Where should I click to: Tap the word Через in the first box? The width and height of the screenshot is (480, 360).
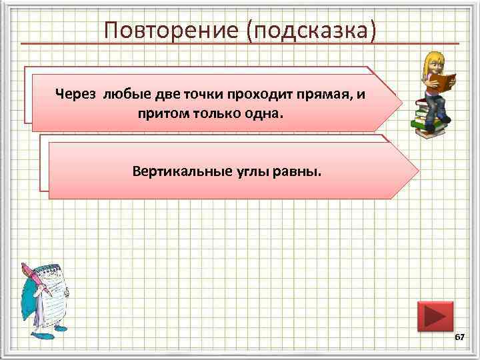point(77,93)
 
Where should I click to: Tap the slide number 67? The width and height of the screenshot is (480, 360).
point(459,338)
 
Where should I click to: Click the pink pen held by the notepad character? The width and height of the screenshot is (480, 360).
point(36,279)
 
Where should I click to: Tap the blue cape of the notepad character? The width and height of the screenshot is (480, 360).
point(30,300)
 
